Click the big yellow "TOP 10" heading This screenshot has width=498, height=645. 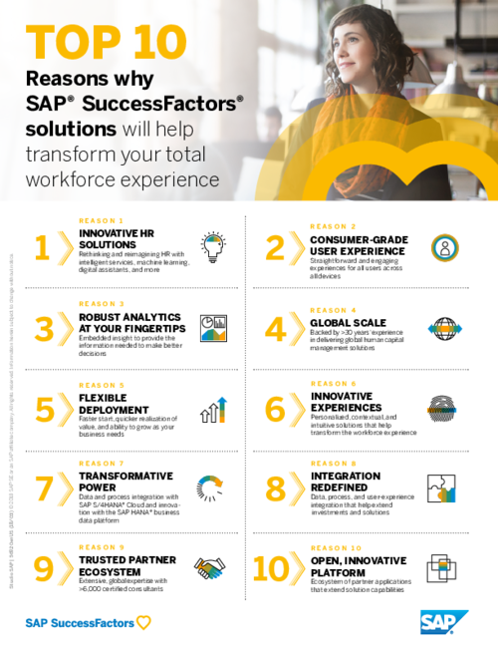[x=107, y=42]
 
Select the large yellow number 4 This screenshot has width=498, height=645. [x=275, y=330]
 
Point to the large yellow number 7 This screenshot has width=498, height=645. [x=43, y=489]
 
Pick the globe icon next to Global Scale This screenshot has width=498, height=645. [x=443, y=328]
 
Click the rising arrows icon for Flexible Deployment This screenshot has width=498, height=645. [x=213, y=409]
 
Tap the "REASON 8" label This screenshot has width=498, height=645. [x=332, y=464]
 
